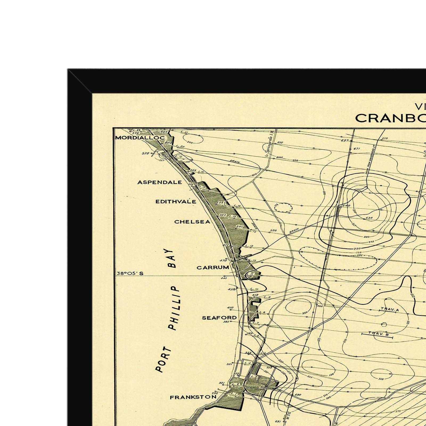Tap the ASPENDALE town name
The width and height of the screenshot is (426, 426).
(159, 182)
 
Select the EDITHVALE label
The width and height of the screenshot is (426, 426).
(176, 202)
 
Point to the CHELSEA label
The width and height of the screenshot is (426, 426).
(192, 222)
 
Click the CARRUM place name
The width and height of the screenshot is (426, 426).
(213, 268)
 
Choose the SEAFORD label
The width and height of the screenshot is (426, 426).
(219, 318)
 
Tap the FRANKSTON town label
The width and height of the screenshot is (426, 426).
(193, 397)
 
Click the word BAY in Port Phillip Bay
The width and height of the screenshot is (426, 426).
(171, 259)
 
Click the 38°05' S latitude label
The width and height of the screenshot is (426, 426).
(130, 273)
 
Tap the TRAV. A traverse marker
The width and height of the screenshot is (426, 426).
(390, 309)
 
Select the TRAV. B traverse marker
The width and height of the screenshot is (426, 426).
(378, 334)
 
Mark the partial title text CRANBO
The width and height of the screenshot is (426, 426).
(390, 118)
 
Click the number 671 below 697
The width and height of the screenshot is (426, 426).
(357, 149)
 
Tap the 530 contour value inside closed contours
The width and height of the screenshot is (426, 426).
(369, 218)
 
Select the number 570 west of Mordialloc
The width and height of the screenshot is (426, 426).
(146, 153)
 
